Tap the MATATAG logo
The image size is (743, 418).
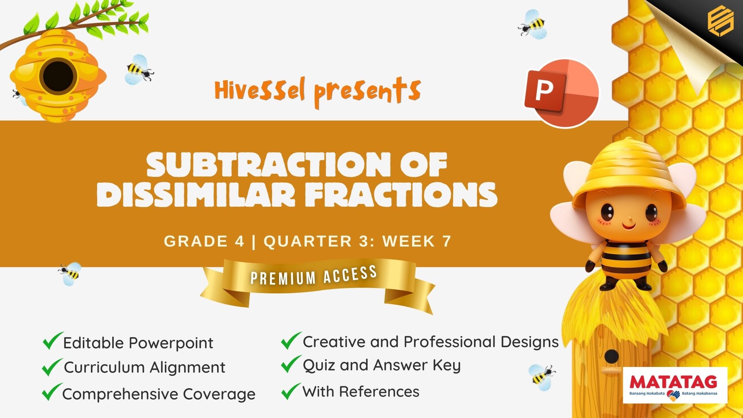675,385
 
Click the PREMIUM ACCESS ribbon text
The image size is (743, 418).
314,275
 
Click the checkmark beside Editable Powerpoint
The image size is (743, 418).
53,341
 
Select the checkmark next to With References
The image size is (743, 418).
291,391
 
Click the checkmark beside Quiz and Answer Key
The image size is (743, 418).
291,364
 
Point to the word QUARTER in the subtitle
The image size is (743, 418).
308,242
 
